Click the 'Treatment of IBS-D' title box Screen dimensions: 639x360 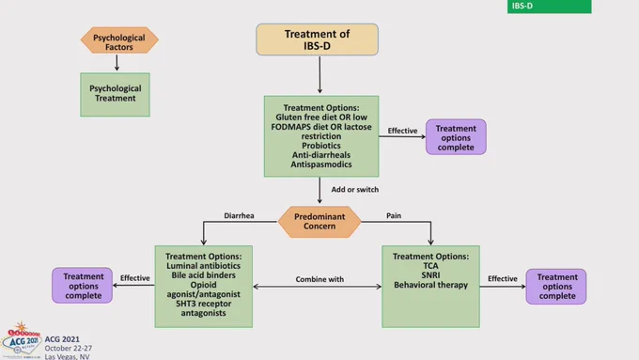click(x=317, y=39)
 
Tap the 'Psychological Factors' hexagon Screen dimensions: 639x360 click(x=119, y=40)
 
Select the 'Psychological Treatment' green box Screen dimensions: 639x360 click(x=115, y=95)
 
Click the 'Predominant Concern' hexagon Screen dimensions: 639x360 click(x=319, y=222)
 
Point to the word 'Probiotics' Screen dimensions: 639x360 click(x=321, y=146)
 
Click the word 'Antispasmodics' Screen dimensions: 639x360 click(x=321, y=164)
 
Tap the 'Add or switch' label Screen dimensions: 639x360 click(x=355, y=190)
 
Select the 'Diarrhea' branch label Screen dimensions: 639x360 click(x=239, y=215)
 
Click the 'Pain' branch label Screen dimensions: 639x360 click(x=394, y=215)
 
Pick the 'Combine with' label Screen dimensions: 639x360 click(x=319, y=279)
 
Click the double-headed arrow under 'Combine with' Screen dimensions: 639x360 click(x=317, y=287)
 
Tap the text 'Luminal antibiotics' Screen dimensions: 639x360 click(x=203, y=266)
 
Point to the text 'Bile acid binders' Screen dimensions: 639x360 click(x=203, y=275)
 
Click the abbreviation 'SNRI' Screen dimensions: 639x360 click(x=430, y=275)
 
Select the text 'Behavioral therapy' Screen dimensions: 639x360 click(x=430, y=285)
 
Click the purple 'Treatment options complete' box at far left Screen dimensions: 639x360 click(x=83, y=286)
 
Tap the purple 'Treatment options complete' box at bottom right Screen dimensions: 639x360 click(x=556, y=286)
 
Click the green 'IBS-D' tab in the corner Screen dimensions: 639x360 click(x=550, y=7)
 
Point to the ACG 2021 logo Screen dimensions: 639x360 click(x=22, y=341)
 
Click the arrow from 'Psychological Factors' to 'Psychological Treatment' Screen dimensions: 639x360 click(x=117, y=62)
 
